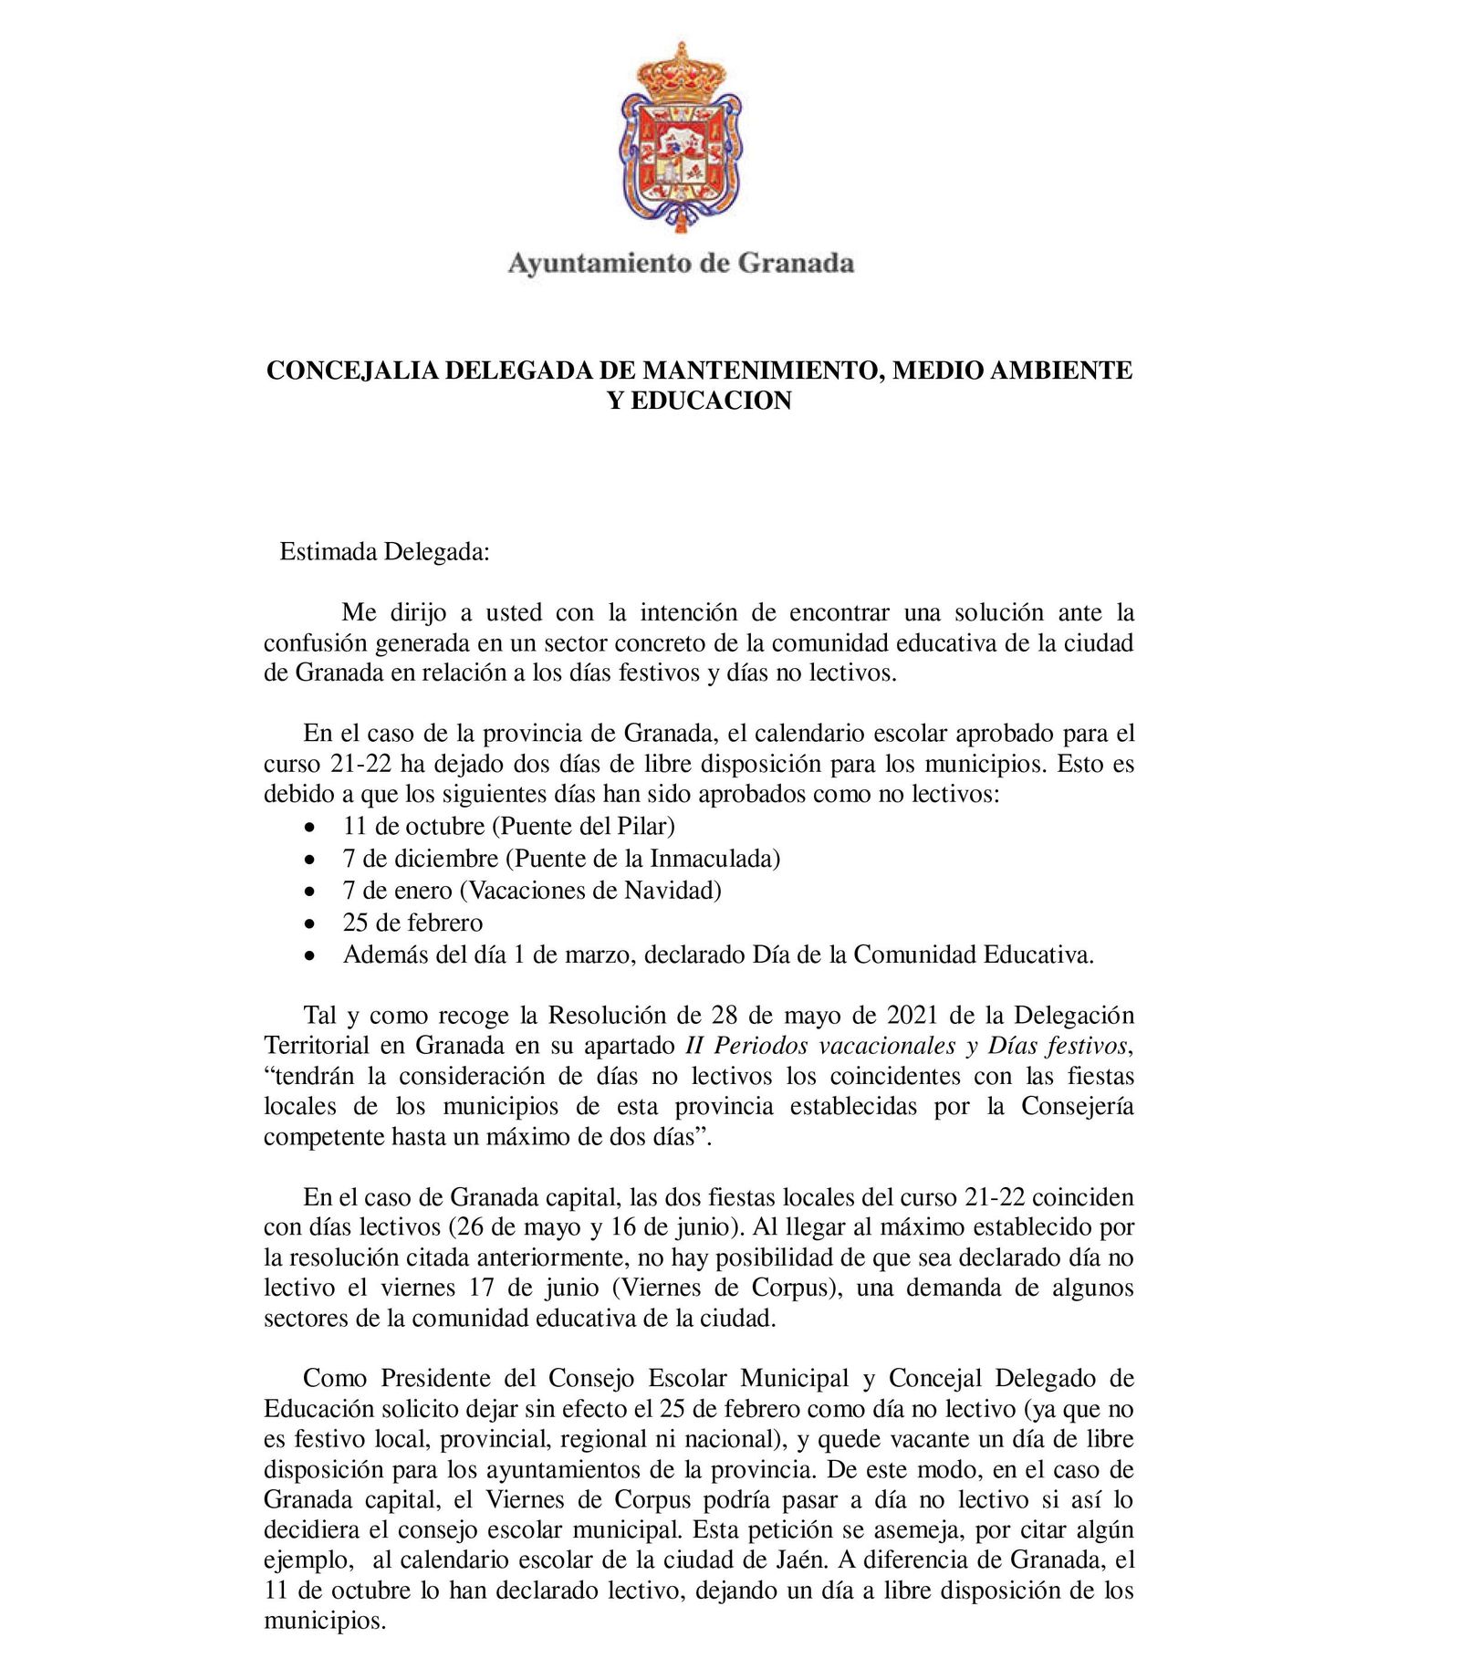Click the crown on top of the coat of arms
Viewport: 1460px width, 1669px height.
click(x=681, y=72)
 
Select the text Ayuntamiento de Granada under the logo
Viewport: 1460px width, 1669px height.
click(x=681, y=264)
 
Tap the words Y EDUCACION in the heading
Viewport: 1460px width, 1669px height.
click(x=699, y=401)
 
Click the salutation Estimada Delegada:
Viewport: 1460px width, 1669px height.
click(x=384, y=552)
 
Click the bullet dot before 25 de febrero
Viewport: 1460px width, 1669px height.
click(x=310, y=924)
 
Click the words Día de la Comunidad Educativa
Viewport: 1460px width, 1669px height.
click(x=922, y=955)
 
